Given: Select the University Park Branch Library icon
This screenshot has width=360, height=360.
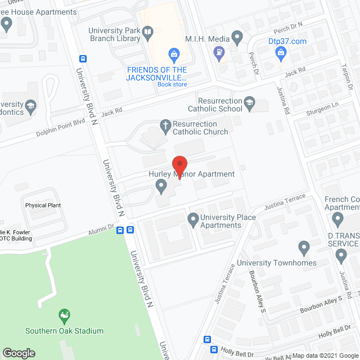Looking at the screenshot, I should click(147, 34).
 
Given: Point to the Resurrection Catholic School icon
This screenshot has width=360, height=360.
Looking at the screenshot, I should click(249, 103).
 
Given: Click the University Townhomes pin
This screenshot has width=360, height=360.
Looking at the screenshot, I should click(304, 247).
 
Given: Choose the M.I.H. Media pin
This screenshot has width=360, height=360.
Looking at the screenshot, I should click(237, 38).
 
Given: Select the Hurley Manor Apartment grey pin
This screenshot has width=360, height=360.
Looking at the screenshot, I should click(162, 185).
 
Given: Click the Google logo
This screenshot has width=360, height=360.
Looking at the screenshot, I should click(18, 353).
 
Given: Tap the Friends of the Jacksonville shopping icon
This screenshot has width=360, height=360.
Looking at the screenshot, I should click(174, 55).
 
